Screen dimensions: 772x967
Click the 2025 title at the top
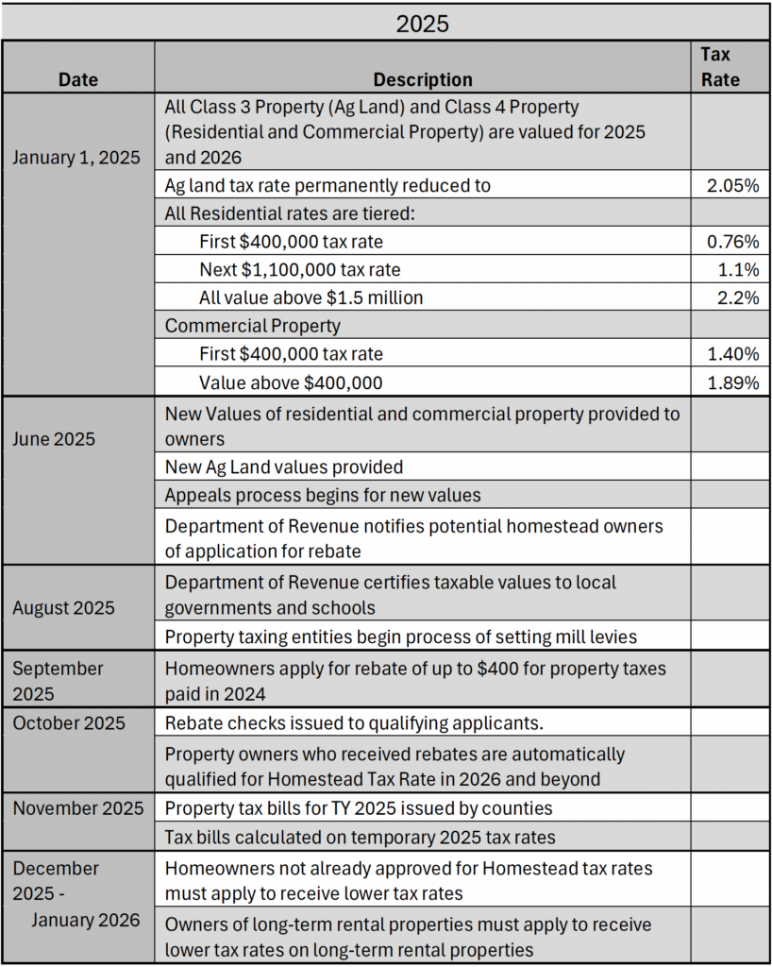pos(422,24)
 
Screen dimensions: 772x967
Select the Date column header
pos(78,79)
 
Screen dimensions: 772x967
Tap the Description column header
pos(423,79)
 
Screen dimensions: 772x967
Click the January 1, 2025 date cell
pos(76,158)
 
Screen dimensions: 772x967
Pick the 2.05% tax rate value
pos(732,185)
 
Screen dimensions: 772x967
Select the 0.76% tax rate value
pos(732,241)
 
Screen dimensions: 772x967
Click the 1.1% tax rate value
pos(738,269)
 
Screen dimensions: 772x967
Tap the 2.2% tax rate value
pos(738,297)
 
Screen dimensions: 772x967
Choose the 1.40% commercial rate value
pos(733,354)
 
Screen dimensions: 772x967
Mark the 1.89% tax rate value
pos(733,383)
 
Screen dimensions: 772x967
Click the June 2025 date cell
pos(54,439)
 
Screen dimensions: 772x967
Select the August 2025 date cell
pos(63,608)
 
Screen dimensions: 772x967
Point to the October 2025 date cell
pos(69,722)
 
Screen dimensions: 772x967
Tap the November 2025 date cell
pos(78,808)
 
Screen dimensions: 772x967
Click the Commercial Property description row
pos(253,326)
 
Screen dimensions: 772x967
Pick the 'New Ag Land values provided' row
pos(284,467)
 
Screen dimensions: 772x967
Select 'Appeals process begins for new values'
pos(323,495)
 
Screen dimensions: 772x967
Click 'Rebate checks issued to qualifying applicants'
pos(354,722)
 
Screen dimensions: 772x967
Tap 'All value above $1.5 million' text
pos(311,297)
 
